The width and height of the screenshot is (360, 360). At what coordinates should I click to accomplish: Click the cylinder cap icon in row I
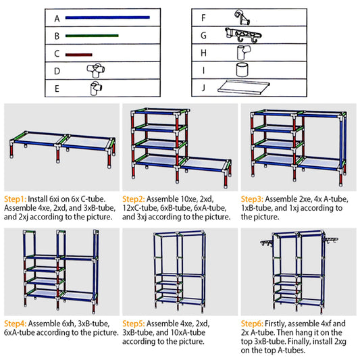tap(242, 69)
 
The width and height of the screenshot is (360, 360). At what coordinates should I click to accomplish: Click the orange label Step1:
tap(15, 200)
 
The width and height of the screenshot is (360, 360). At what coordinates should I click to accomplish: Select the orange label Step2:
tap(134, 200)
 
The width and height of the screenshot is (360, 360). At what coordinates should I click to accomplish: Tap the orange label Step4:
tap(15, 323)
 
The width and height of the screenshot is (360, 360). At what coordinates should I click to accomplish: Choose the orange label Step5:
tap(134, 323)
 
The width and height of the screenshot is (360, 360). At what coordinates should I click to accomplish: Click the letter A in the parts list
tap(57, 17)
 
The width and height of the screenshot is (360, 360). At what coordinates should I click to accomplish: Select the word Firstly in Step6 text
tap(279, 323)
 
